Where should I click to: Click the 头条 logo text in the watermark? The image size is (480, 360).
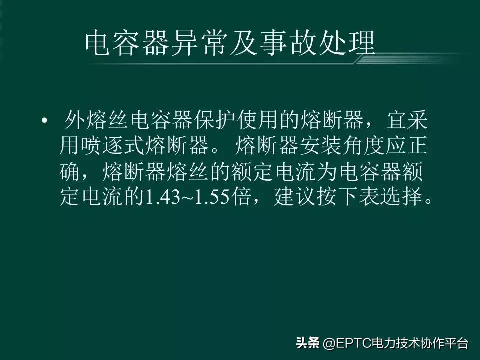click(x=308, y=344)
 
